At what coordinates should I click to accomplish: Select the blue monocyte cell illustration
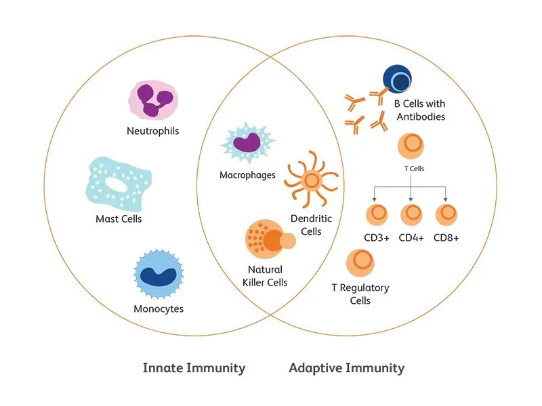[x=157, y=275]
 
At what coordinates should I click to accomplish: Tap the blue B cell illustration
[x=398, y=82]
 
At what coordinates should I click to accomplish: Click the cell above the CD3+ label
[x=377, y=215]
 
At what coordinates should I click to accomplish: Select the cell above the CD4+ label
[x=411, y=215]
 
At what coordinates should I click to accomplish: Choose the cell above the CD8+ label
[x=446, y=215]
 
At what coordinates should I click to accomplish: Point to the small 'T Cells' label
[x=411, y=168]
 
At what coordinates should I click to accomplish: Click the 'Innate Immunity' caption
[x=194, y=368]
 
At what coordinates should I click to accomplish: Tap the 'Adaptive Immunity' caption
[x=346, y=368]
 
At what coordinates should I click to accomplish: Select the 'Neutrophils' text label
[x=153, y=131]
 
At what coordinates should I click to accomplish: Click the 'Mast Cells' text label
[x=119, y=219]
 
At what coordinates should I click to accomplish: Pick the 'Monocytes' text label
[x=158, y=309]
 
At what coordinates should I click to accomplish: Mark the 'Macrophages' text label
[x=247, y=175]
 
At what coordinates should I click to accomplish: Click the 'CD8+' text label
[x=446, y=238]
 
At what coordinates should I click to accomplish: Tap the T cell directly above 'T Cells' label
[x=411, y=147]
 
